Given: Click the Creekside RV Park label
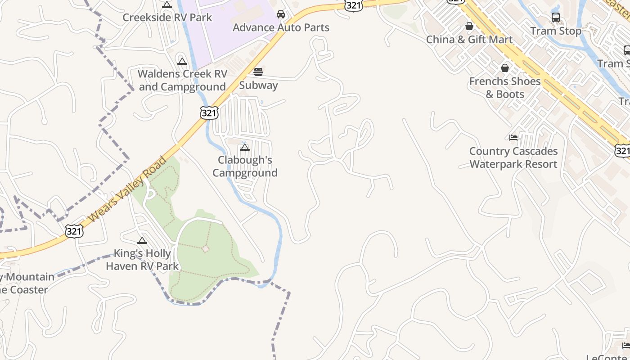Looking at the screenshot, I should pos(167,18).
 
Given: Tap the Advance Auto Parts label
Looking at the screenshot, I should pos(281,27).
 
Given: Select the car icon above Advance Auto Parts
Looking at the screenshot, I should pos(281,14).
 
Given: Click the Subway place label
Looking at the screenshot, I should pos(258,85).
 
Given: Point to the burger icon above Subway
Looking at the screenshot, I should pos(258,72).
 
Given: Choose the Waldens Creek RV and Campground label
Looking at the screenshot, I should pos(182,80).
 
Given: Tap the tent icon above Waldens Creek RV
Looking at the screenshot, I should pos(182,61).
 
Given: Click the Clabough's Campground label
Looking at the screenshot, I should pos(245,166).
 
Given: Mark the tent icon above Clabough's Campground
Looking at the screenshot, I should pos(245,147).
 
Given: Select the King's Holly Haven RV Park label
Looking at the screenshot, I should pos(142,260).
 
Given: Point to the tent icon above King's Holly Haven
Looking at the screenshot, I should pos(142,241).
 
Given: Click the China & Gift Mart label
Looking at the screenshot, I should pos(469,40).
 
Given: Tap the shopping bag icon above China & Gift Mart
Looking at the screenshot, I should pos(469,26).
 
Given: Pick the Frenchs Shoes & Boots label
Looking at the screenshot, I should pos(505,88).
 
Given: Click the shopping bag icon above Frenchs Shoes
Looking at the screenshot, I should pos(505,68).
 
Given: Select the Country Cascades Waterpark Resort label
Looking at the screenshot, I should pos(513,157).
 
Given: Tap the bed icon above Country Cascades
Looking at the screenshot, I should pos(513,138).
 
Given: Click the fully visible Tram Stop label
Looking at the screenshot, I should pos(556,31).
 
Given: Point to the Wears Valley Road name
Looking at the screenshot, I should pos(128,189).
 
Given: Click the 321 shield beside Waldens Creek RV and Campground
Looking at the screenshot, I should pos(209,113).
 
